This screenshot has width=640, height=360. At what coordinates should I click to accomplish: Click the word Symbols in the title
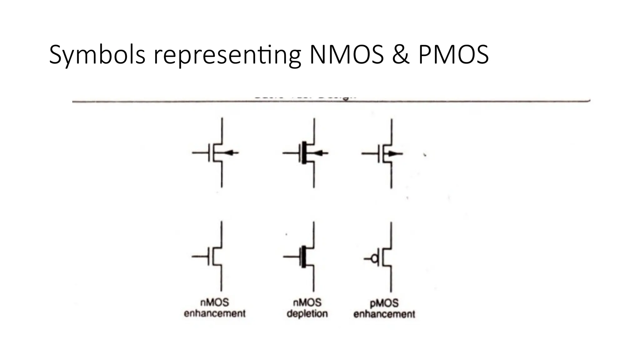pyautogui.click(x=97, y=55)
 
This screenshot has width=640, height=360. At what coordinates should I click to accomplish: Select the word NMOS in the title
pyautogui.click(x=346, y=55)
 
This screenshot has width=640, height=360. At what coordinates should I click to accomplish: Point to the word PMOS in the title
pyautogui.click(x=453, y=55)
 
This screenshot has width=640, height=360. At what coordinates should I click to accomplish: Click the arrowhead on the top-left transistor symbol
pyautogui.click(x=228, y=153)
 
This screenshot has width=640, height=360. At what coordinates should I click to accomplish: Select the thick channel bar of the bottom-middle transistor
pyautogui.click(x=303, y=257)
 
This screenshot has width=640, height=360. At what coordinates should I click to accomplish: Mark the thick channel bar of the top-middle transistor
pyautogui.click(x=304, y=153)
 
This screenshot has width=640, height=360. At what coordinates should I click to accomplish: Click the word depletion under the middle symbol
pyautogui.click(x=307, y=313)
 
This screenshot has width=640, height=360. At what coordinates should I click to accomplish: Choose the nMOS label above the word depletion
pyautogui.click(x=307, y=302)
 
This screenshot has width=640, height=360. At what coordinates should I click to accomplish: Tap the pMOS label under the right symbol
pyautogui.click(x=384, y=303)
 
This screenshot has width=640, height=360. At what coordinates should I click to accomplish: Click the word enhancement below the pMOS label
pyautogui.click(x=384, y=314)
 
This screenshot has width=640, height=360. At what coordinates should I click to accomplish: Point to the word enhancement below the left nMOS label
pyautogui.click(x=215, y=313)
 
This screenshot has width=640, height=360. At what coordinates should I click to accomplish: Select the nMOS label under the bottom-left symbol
pyautogui.click(x=215, y=302)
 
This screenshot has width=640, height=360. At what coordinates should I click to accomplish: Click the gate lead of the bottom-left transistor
pyautogui.click(x=200, y=257)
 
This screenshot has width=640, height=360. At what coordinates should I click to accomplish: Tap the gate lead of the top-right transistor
pyautogui.click(x=370, y=153)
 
